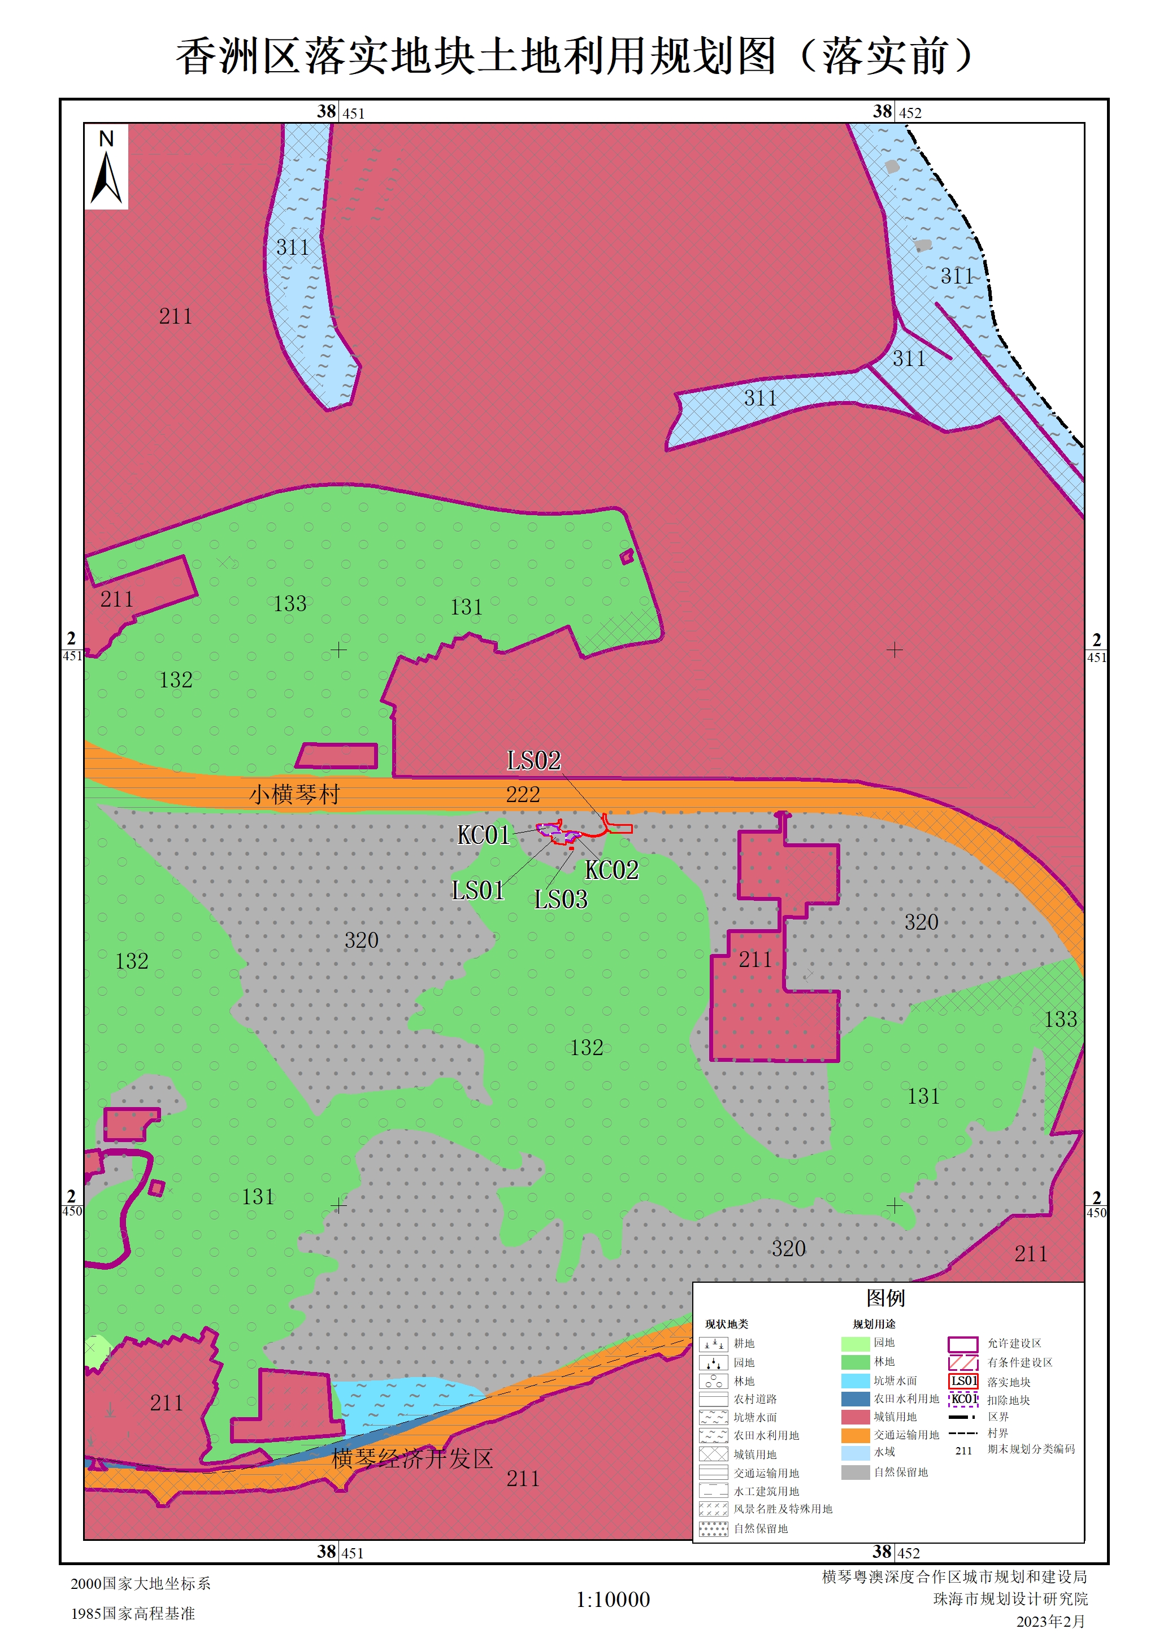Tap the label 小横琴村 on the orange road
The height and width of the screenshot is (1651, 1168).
294,795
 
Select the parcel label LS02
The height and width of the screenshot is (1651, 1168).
533,761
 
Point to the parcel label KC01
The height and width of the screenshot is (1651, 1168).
483,835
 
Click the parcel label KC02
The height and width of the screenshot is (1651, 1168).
611,870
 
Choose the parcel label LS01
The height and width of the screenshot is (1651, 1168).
477,891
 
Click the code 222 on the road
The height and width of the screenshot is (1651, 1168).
523,795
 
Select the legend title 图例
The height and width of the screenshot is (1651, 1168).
885,1298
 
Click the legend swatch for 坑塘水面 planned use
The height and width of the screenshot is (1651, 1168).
855,1380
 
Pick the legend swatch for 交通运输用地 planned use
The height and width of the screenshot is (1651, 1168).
855,1435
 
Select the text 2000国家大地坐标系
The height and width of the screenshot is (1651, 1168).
141,1583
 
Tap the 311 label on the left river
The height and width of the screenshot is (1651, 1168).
293,247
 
